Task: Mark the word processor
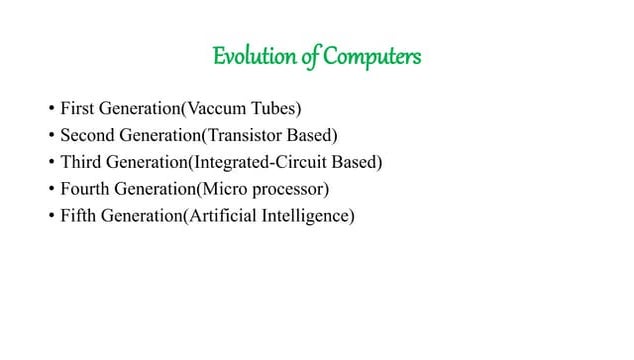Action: click(x=296, y=187)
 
